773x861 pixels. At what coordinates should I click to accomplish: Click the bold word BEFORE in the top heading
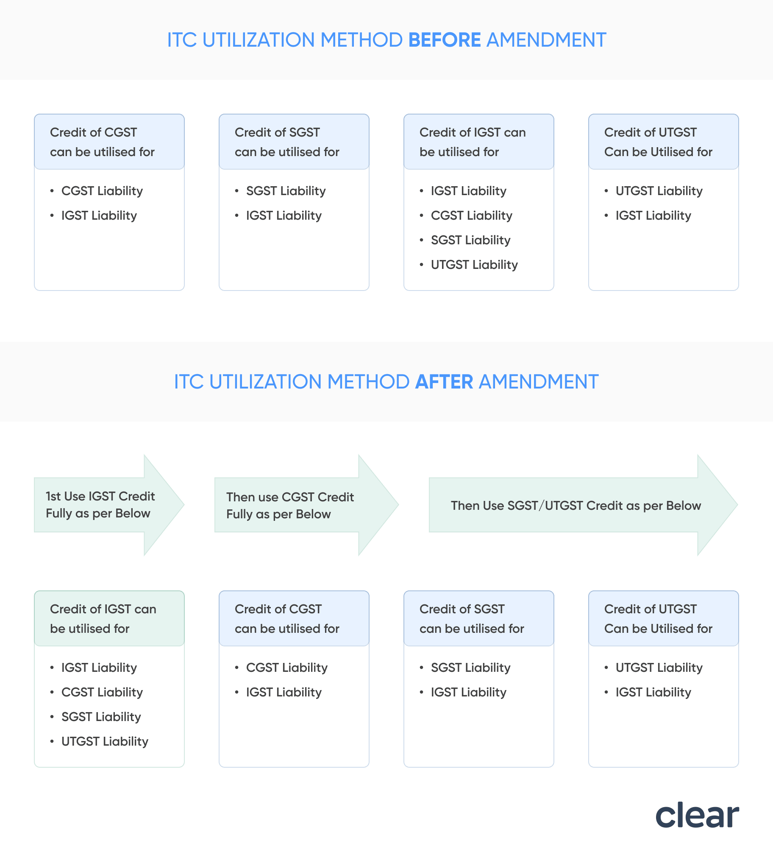point(444,40)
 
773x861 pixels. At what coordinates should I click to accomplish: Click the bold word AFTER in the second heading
point(444,382)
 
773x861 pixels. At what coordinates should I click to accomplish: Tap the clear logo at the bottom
point(697,815)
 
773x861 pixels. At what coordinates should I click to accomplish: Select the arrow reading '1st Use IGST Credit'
point(100,505)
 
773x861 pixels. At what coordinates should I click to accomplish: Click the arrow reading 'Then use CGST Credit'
point(290,505)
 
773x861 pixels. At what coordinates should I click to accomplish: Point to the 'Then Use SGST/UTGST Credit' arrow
point(576,505)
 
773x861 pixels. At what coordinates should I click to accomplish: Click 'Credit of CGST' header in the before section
point(109,142)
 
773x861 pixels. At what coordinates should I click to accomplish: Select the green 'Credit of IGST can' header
point(109,618)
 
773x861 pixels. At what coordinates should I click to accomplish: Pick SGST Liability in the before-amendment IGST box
point(470,240)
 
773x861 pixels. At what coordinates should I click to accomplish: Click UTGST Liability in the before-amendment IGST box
point(474,265)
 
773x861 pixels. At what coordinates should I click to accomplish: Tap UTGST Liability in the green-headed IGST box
point(105,741)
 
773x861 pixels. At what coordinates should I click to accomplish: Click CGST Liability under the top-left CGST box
point(102,191)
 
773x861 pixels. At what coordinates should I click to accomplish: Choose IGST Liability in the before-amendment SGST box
point(284,215)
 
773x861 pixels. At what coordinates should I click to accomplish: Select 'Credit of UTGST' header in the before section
point(663,142)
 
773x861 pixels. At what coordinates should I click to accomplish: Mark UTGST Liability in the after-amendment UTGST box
point(659,668)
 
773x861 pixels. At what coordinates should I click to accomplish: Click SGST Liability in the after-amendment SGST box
point(470,668)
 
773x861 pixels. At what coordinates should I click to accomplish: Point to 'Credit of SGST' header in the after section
point(478,618)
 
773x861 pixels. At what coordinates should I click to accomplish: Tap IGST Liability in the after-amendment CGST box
point(284,692)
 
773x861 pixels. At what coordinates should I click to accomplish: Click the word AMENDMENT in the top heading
point(546,40)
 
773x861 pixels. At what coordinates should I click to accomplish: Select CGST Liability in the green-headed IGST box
point(102,692)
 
